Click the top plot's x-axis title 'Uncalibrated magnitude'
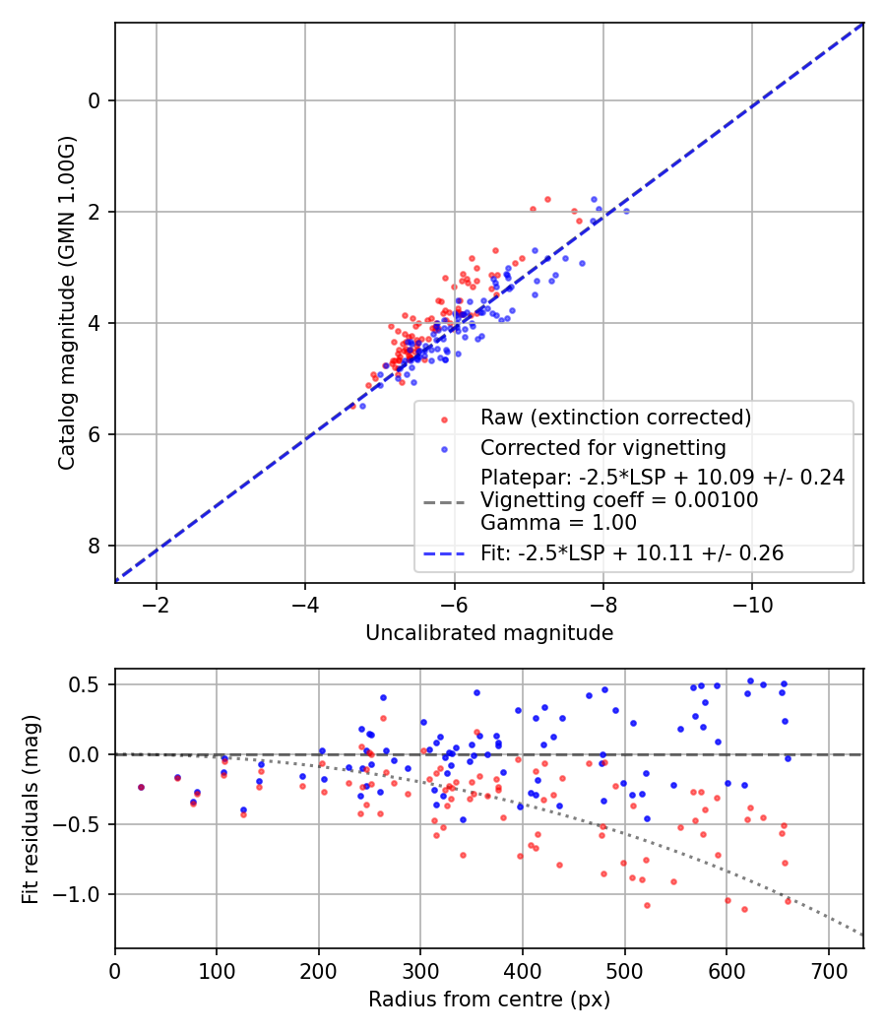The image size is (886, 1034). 489,633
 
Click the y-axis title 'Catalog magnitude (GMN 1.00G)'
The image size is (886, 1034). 66,302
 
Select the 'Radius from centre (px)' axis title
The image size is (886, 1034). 489,1000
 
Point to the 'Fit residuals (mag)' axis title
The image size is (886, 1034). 31,808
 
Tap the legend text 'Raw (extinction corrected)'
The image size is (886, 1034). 615,418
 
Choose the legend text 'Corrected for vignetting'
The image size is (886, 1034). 602,448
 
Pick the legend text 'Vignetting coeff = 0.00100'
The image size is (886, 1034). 619,500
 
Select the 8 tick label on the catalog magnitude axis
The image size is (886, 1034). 95,546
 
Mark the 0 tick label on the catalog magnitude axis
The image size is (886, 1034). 95,100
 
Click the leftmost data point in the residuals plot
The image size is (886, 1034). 141,787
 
